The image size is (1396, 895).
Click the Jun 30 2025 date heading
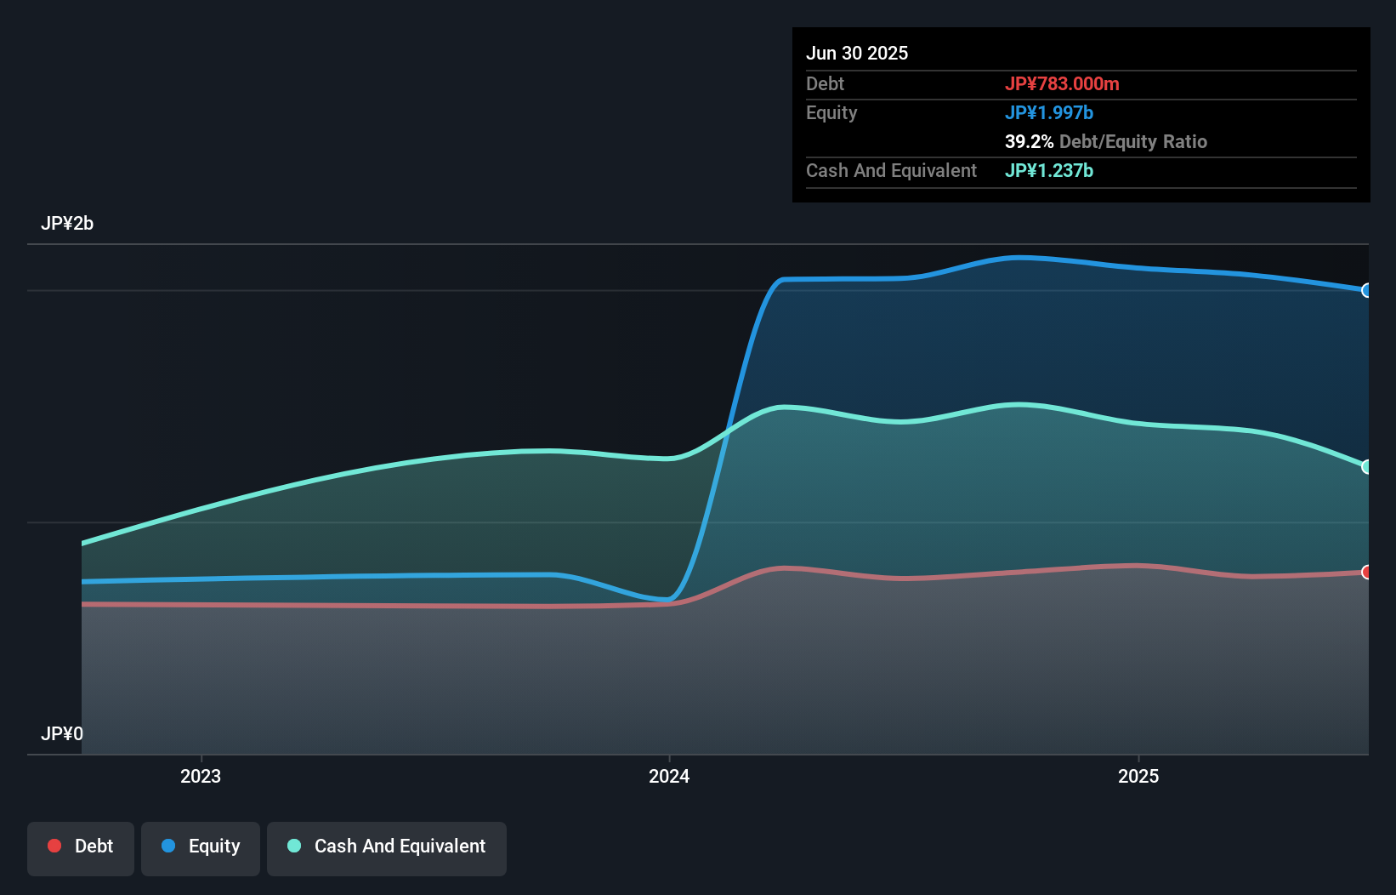[856, 53]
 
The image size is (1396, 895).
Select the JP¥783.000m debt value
[1061, 83]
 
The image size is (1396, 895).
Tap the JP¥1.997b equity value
[1048, 112]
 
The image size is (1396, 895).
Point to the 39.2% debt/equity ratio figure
[1029, 141]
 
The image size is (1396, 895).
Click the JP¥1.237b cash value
[1048, 170]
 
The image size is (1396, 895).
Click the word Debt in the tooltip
[825, 83]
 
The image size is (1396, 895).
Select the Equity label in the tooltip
[831, 112]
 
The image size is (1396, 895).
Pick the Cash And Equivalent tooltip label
[891, 170]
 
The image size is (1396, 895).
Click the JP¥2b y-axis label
[67, 223]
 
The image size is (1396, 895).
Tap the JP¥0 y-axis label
[62, 733]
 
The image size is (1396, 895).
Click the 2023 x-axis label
[201, 776]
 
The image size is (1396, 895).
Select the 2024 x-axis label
[669, 776]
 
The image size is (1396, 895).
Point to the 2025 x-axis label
[1138, 776]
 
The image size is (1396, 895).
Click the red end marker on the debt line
[1366, 572]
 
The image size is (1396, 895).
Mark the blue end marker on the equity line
[1366, 290]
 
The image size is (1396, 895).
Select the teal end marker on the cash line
[1366, 466]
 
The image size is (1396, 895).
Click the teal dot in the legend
[294, 846]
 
